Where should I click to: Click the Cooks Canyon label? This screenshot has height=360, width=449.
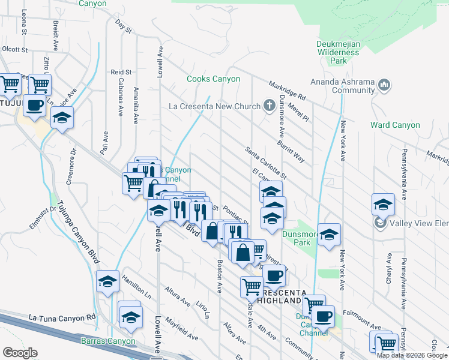click(x=213, y=79)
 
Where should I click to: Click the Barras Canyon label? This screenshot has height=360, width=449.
click(x=107, y=341)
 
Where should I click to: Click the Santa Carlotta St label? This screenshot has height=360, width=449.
click(x=265, y=162)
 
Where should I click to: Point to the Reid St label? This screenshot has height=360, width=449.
click(x=121, y=72)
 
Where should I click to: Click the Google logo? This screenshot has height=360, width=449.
click(x=20, y=353)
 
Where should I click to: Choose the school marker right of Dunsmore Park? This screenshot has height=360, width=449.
click(x=329, y=235)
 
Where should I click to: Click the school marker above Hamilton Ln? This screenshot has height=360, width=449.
click(x=107, y=281)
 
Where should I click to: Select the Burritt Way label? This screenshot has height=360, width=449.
click(x=291, y=146)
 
